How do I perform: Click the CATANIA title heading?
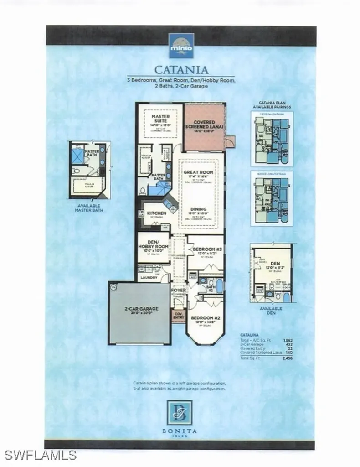coord(181,70)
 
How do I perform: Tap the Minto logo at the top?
coord(181,46)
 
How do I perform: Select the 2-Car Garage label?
coord(139,308)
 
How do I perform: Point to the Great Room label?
coord(199,172)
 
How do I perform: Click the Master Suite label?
coord(160,119)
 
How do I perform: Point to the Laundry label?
coord(149,277)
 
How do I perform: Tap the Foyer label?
coord(177,290)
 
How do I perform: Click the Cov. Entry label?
coord(178,315)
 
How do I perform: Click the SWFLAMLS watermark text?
coord(40,455)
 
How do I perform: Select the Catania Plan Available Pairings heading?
coord(272,105)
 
